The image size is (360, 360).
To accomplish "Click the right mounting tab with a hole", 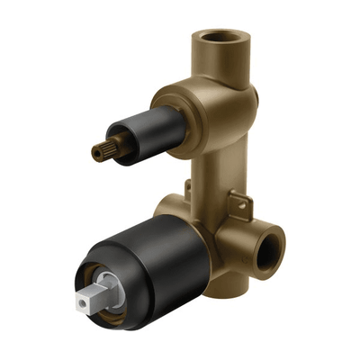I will (x=238, y=202).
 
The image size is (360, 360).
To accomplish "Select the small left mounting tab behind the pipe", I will (x=188, y=190).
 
